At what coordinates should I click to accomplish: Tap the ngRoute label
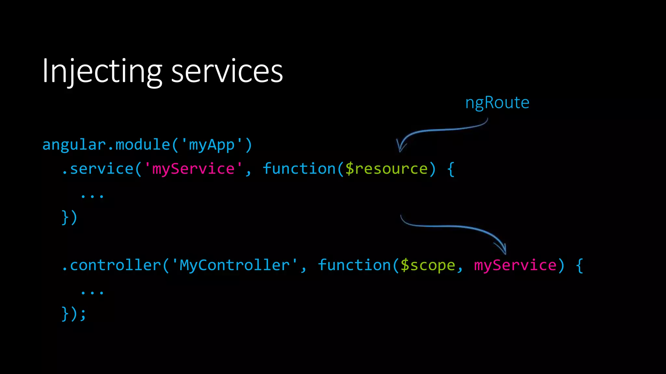click(x=497, y=103)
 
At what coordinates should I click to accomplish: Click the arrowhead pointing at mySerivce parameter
click(x=503, y=250)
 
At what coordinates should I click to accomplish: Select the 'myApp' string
click(x=211, y=145)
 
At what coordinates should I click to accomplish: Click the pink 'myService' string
click(x=193, y=169)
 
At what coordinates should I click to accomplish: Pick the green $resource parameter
click(x=386, y=169)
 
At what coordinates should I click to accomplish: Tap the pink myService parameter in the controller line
click(x=515, y=265)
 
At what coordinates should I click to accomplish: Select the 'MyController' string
click(x=234, y=265)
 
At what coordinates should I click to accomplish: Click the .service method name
click(x=98, y=169)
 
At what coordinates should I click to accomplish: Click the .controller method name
click(x=111, y=265)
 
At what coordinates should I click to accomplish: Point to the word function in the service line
click(x=299, y=169)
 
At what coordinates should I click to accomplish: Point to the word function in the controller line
click(x=354, y=265)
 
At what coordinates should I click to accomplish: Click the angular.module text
click(x=106, y=145)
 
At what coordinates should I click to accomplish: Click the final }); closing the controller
click(x=74, y=314)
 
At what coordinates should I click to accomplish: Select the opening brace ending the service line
click(x=450, y=169)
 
